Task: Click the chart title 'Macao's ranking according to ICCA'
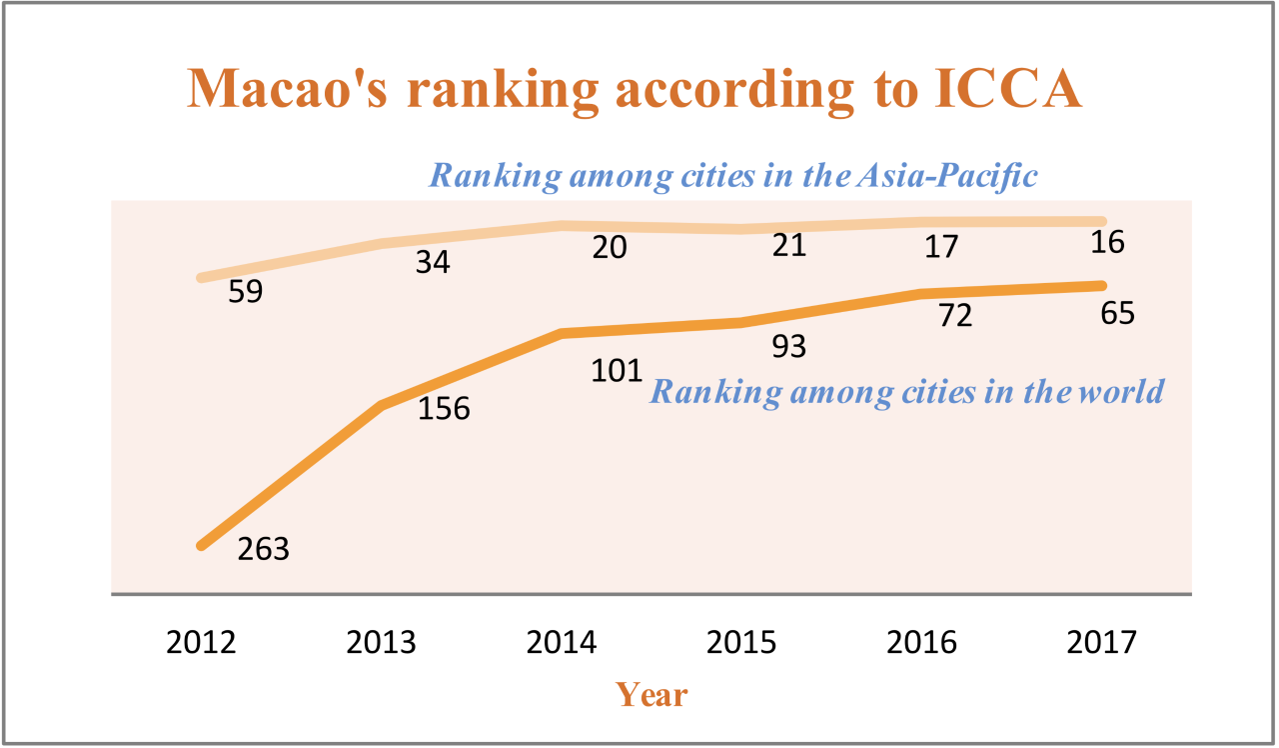point(636,88)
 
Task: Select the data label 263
point(264,549)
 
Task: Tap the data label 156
point(444,410)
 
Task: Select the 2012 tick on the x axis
point(202,641)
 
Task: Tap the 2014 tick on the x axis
point(562,641)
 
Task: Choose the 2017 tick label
point(1101,641)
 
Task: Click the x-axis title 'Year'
point(651,694)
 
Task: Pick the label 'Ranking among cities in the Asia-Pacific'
point(734,177)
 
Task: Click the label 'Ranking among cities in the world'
point(907,390)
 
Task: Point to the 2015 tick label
point(741,641)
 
